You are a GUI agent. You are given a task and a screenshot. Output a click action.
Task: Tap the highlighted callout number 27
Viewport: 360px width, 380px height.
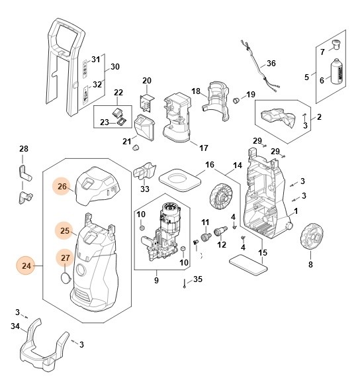coord(65,258)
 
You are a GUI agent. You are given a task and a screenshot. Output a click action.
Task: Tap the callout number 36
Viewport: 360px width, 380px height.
coord(271,64)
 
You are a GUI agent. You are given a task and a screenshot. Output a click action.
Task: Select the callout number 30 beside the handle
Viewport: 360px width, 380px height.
coord(114,67)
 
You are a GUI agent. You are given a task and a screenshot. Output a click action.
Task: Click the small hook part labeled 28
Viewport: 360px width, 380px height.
coord(26,175)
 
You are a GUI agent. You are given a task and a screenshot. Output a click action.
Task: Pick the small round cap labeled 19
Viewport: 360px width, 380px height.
coord(235,100)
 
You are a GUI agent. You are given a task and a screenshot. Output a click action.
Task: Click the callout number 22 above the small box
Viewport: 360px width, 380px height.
coord(118,92)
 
